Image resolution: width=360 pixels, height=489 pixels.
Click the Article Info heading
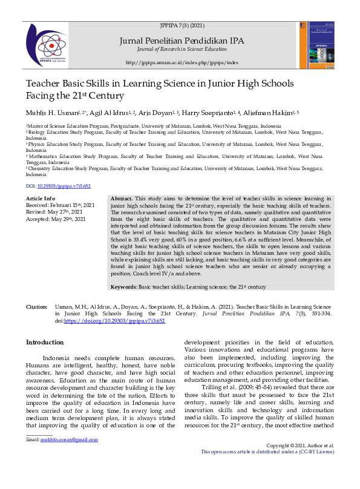(41, 199)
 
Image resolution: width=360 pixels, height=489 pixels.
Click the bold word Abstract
(122, 199)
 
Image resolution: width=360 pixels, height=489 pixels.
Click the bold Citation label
(36, 308)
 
